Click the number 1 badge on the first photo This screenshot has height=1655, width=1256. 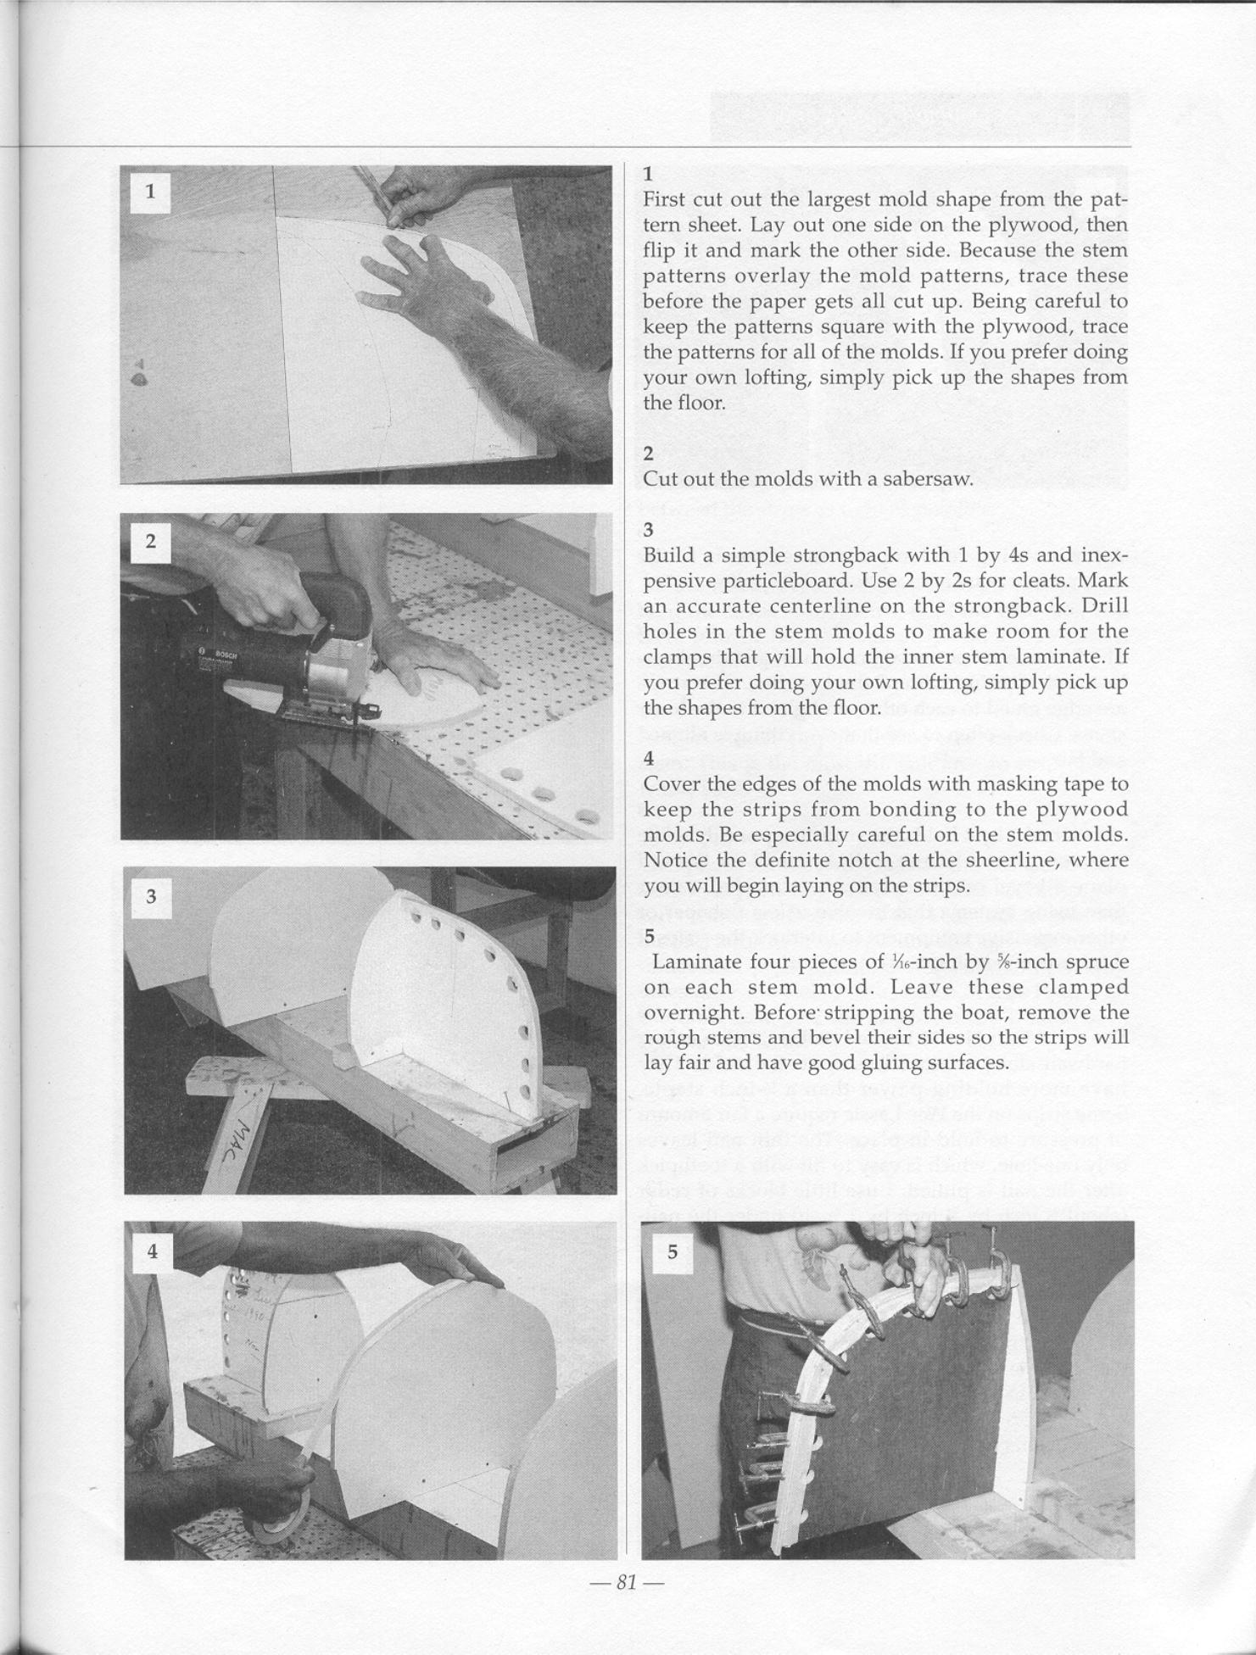tap(150, 192)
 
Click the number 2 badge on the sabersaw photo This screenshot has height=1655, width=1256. tap(150, 542)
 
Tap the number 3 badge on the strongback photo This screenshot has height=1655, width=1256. tap(151, 896)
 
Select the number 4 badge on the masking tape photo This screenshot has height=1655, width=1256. tap(152, 1250)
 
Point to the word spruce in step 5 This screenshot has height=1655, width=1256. tap(1097, 962)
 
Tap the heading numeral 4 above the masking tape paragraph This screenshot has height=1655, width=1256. tap(649, 759)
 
